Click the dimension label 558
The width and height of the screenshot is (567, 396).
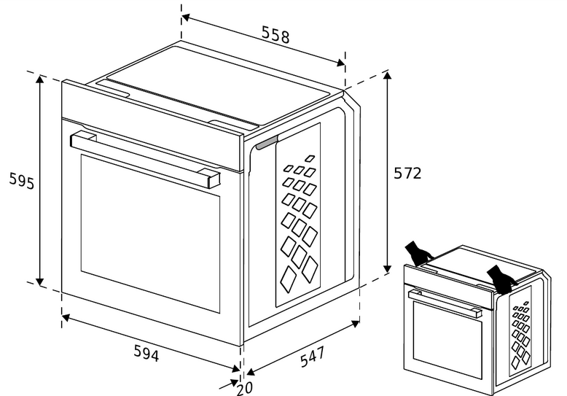coord(275,36)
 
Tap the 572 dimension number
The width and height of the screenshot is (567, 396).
coord(407,174)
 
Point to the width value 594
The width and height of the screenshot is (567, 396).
coord(146,353)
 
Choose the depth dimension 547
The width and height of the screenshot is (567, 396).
coord(312,358)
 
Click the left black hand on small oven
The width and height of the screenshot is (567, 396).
coord(418,252)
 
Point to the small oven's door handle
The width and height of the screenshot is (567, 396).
coord(445,302)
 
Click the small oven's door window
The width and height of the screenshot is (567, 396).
coord(447,340)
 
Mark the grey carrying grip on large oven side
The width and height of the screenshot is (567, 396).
coord(266,144)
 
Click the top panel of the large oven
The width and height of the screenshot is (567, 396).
coord(219,84)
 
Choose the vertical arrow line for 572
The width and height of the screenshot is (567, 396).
coord(388,174)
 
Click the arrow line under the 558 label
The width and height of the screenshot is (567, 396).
coord(262,39)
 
